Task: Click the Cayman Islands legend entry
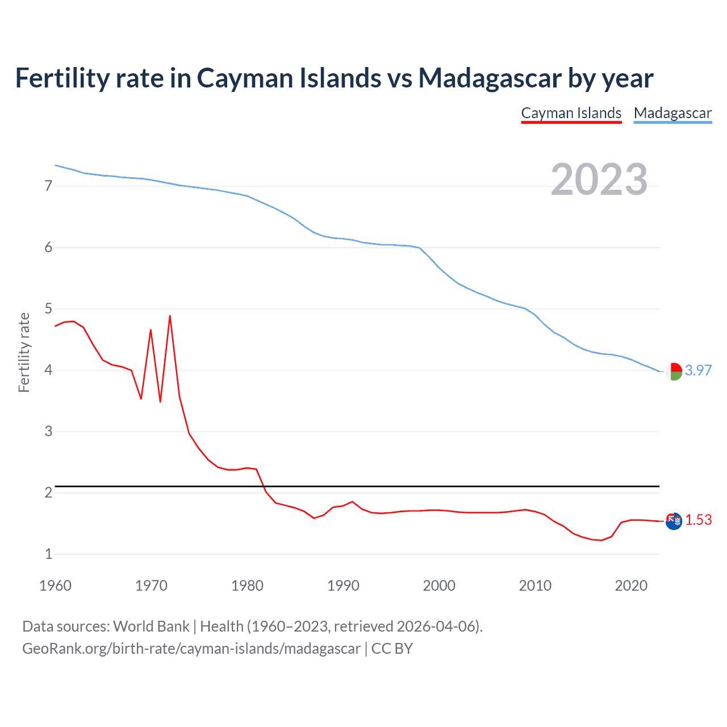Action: click(x=571, y=113)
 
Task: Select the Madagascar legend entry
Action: click(x=672, y=113)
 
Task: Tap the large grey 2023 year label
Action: click(x=599, y=179)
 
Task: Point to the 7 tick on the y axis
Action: click(x=48, y=186)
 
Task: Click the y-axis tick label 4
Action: click(x=48, y=370)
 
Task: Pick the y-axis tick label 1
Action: click(x=48, y=554)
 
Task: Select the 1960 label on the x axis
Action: click(x=55, y=586)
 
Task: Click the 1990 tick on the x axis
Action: click(x=343, y=586)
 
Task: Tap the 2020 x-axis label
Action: click(x=631, y=586)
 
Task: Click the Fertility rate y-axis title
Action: click(x=24, y=352)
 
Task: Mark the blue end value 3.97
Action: click(x=698, y=370)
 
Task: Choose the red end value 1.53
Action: click(x=698, y=520)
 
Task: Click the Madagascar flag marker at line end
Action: click(x=674, y=371)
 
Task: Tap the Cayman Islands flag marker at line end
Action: click(x=674, y=521)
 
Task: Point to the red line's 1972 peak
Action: click(x=170, y=316)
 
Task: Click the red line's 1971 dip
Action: click(x=160, y=401)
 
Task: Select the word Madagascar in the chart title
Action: click(x=490, y=78)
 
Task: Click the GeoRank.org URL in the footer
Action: click(x=191, y=649)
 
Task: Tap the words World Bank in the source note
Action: click(x=151, y=626)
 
